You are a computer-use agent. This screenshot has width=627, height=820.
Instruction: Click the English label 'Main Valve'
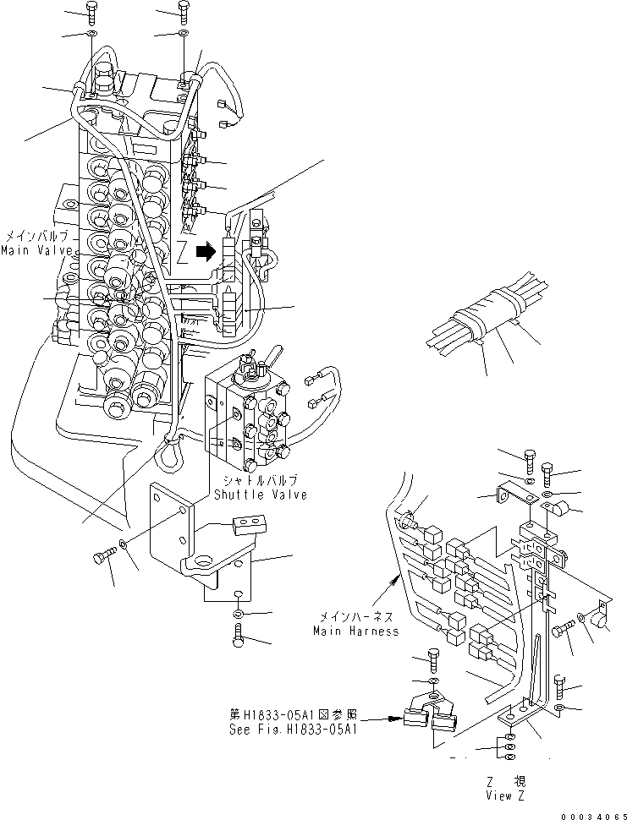31,251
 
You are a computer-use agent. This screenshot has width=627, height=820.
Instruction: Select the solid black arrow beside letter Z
203,250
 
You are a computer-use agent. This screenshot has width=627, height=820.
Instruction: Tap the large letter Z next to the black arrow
181,251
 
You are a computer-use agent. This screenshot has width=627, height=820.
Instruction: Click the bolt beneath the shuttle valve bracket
239,636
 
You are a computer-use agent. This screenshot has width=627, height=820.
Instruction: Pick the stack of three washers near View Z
507,746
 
